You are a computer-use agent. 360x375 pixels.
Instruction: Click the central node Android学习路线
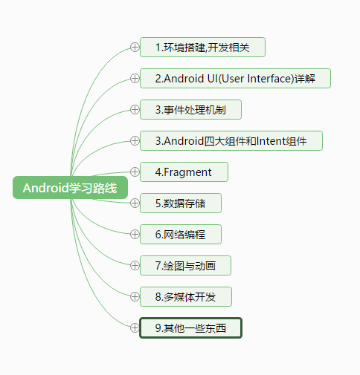[x=70, y=187]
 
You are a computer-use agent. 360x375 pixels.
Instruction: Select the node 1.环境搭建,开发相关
[x=202, y=48]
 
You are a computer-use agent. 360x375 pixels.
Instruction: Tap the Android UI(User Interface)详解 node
[x=235, y=79]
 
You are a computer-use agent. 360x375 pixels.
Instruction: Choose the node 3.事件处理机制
[x=190, y=110]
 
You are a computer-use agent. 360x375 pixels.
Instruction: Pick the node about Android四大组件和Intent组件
[x=231, y=141]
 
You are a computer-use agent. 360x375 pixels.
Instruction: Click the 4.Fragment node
[x=184, y=172]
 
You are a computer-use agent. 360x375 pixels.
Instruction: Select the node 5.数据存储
[x=181, y=203]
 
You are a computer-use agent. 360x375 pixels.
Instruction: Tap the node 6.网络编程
[x=181, y=235]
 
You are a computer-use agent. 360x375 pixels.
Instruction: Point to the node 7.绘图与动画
[x=185, y=266]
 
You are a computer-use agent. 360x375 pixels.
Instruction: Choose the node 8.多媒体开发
[x=186, y=297]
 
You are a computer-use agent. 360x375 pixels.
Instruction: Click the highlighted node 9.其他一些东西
[x=190, y=328]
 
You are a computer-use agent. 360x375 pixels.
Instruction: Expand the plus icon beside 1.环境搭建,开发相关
[x=135, y=48]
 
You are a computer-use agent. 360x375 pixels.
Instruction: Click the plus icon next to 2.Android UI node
[x=135, y=79]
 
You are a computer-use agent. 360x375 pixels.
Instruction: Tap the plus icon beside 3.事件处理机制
[x=135, y=110]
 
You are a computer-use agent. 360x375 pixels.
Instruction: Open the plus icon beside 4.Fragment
[x=135, y=172]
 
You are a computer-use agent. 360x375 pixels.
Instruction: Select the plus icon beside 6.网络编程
[x=135, y=235]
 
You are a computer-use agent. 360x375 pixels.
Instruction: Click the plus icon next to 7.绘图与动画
[x=135, y=266]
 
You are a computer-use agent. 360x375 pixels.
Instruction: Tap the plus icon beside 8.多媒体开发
[x=135, y=297]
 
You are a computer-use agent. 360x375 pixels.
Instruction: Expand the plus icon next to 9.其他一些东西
[x=135, y=328]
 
